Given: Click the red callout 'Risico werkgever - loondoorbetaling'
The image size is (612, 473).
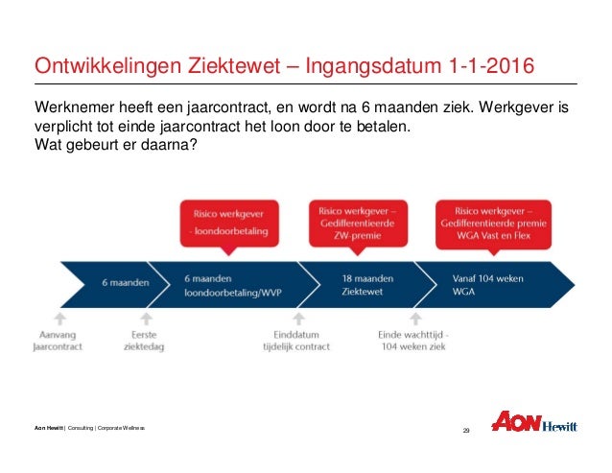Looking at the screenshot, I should [x=229, y=222].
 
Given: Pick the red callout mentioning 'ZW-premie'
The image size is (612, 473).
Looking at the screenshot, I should [x=356, y=222].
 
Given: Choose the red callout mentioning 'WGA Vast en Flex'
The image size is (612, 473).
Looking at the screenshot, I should [x=492, y=222].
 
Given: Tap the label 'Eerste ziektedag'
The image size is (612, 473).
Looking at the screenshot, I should [x=145, y=340].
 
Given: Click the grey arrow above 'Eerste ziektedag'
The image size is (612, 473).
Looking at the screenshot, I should [x=145, y=318].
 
